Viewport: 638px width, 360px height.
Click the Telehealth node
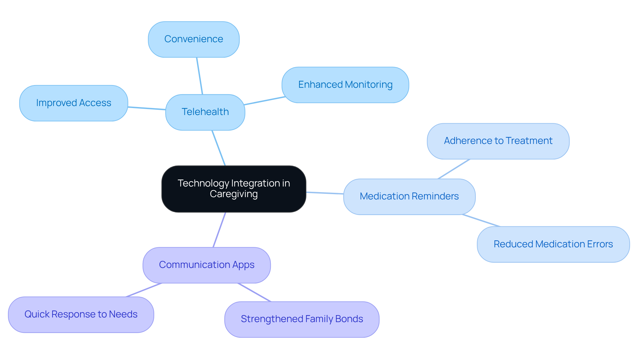205,112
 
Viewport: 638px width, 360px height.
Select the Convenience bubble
193,39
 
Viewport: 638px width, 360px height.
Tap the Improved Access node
73,103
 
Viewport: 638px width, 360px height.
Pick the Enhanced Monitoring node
345,85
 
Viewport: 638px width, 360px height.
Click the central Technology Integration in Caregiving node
234,188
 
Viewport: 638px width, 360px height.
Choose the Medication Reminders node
409,196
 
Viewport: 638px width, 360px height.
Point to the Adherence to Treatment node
498,141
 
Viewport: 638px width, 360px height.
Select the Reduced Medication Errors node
553,244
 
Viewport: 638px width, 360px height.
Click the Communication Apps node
206,265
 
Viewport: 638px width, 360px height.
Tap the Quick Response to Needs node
81,314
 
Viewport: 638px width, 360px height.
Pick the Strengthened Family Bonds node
302,319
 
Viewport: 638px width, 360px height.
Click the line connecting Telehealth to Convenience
199,76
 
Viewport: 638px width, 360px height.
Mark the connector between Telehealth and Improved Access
147,108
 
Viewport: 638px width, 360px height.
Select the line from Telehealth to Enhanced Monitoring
265,101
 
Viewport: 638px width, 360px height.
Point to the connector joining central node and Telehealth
219,148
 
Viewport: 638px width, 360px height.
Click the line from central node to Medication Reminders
325,193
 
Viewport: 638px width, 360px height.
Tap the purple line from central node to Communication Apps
219,230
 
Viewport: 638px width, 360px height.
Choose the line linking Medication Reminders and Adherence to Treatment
454,169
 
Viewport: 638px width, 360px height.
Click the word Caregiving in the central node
234,194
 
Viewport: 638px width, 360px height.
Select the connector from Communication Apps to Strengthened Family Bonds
255,293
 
